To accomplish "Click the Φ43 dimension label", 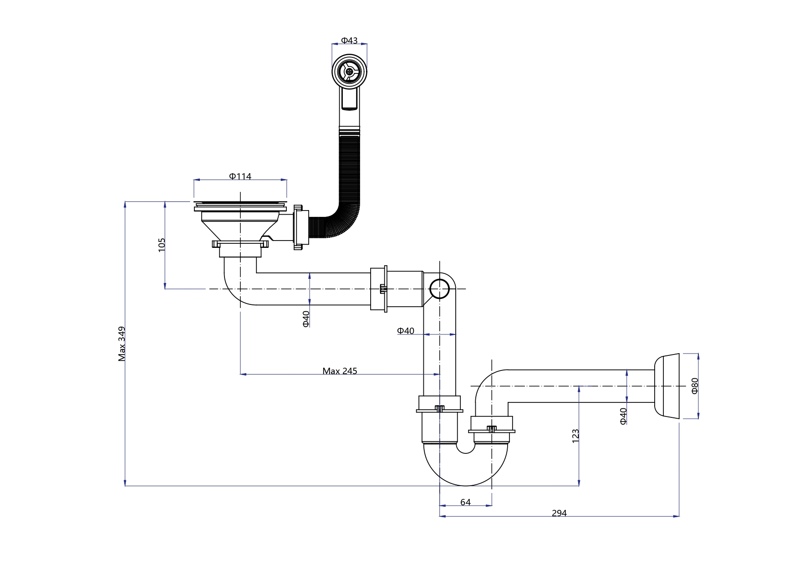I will point(349,41).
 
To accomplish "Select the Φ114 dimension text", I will point(240,176).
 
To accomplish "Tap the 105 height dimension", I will point(162,245).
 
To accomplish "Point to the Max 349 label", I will point(122,344).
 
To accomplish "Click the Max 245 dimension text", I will point(340,371).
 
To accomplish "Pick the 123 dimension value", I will point(575,435).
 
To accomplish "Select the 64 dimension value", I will point(465,502).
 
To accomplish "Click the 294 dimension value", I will point(559,513).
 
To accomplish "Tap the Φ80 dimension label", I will point(695,385).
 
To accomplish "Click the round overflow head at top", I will point(349,71).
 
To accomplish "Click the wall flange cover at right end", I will point(667,386).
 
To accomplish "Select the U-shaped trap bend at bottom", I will point(465,469).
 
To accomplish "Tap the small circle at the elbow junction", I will point(440,288).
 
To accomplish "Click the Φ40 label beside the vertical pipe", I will point(405,331).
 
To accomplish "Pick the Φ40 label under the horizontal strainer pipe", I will point(306,318).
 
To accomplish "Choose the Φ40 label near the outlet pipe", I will point(623,416).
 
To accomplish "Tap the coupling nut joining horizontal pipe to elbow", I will point(379,289).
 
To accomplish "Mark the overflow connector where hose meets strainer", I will point(299,228).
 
